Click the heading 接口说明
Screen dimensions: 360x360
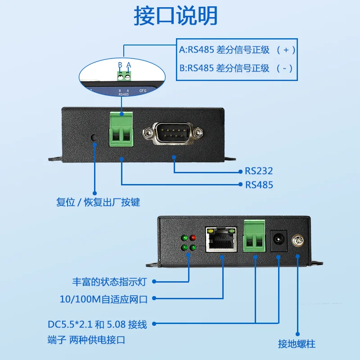pyautogui.click(x=176, y=16)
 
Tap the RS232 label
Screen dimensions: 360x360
pyautogui.click(x=259, y=171)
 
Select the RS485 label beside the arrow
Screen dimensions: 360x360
pyautogui.click(x=259, y=185)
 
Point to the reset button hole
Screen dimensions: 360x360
pyautogui.click(x=94, y=137)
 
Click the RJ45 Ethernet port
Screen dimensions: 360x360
pyautogui.click(x=220, y=239)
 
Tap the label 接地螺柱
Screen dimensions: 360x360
pyautogui.click(x=297, y=344)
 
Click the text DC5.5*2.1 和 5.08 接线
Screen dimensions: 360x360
pyautogui.click(x=97, y=324)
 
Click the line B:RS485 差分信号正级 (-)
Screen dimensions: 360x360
pyautogui.click(x=236, y=68)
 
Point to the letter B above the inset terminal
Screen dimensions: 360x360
pyautogui.click(x=120, y=66)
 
